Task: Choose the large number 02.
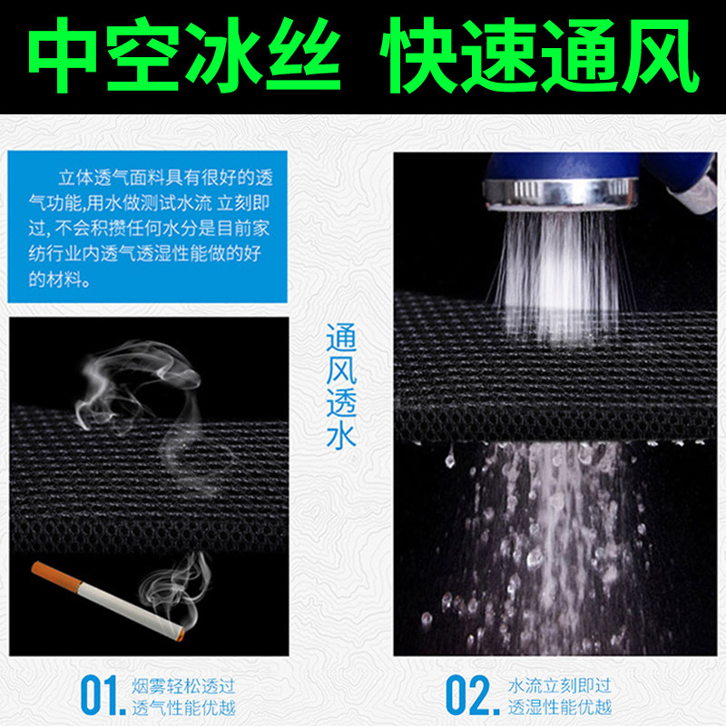click(471, 695)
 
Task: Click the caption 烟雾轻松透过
click(177, 683)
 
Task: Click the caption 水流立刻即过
click(557, 683)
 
